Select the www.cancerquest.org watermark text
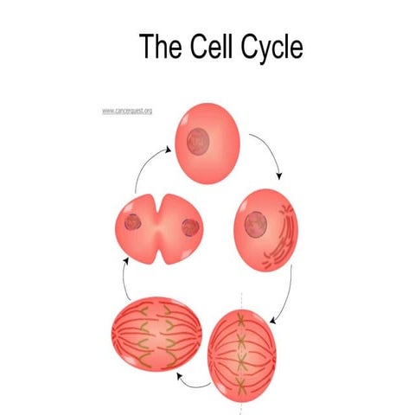(127, 112)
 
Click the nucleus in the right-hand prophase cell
(256, 225)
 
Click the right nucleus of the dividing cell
(189, 228)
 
